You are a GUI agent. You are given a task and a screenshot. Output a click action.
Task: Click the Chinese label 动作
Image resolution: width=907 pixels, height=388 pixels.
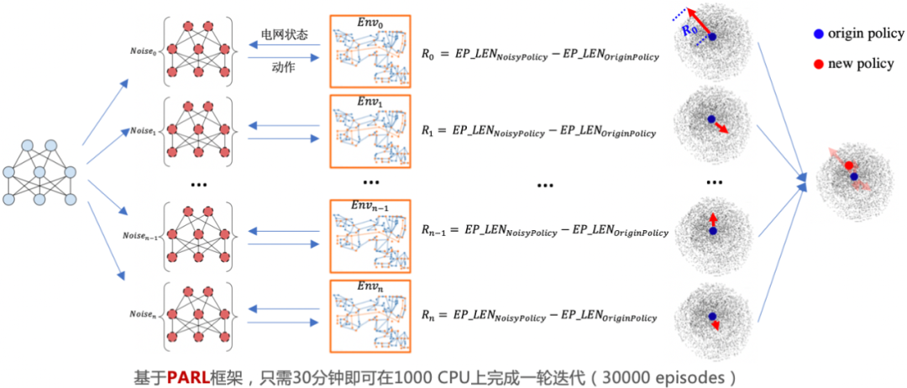pos(284,66)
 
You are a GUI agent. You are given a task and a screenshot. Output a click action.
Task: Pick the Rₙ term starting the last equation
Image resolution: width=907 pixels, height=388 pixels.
pos(429,317)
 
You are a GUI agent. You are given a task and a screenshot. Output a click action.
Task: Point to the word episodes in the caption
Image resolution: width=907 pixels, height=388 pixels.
pos(689,374)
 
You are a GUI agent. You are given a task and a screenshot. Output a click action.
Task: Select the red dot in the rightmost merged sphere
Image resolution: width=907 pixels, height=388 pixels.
pos(849,165)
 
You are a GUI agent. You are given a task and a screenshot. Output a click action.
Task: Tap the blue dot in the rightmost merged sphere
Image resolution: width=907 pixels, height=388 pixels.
pos(853,177)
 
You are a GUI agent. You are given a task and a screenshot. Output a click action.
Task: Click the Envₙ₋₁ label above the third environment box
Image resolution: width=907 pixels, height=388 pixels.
pos(370,206)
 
